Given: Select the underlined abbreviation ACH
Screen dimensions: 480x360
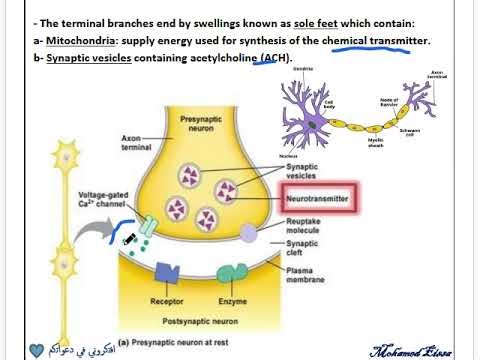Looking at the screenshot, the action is click(x=274, y=59).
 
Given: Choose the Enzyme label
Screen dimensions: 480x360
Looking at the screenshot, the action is click(x=231, y=299).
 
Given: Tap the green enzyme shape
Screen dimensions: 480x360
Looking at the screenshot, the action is click(x=232, y=271).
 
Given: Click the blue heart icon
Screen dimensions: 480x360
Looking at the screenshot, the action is click(x=38, y=350).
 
